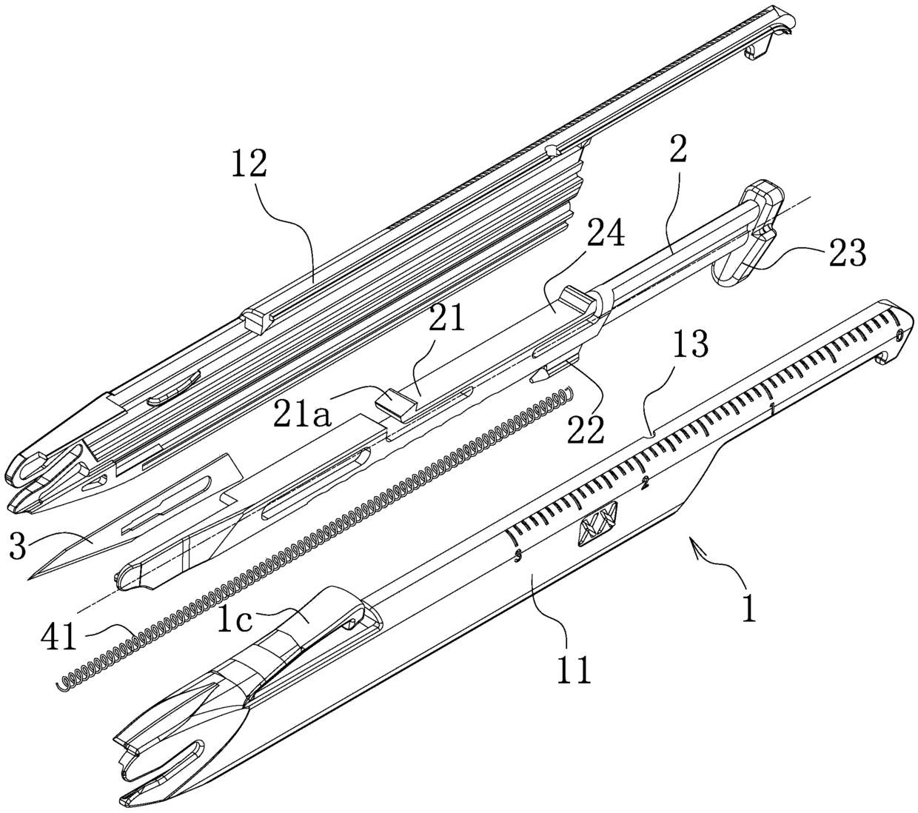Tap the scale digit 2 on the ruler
point(645,484)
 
